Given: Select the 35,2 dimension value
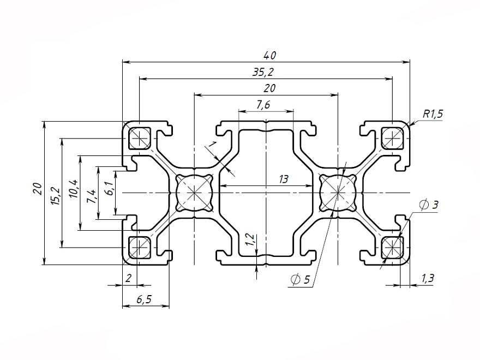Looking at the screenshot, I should (x=267, y=72).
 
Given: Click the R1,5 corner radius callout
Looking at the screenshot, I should (x=433, y=114).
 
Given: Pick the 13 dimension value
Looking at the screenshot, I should (x=283, y=179).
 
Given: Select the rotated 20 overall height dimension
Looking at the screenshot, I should (x=37, y=189).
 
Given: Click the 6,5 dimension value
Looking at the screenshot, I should (x=143, y=299).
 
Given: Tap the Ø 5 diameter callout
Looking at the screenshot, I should (x=301, y=280).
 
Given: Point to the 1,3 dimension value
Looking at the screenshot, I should (x=428, y=279).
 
